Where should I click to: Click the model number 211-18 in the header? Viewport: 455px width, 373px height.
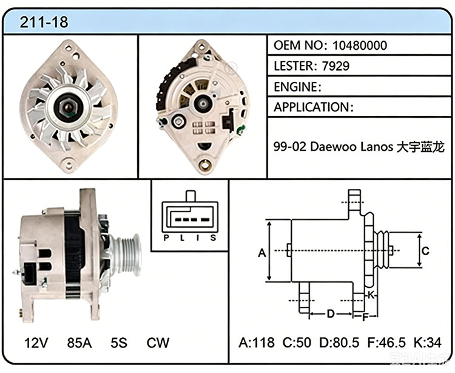[44, 22]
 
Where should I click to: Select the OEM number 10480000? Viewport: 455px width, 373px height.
[360, 46]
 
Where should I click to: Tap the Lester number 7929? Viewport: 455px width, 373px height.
[335, 66]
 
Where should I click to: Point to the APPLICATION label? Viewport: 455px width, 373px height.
[312, 107]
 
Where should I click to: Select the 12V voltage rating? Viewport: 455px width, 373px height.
[36, 343]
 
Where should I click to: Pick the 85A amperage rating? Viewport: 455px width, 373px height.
[79, 343]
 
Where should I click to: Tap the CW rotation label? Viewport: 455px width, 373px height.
[158, 343]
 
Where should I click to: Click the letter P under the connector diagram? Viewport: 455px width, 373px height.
[166, 238]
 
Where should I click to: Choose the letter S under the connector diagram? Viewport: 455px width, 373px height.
[214, 238]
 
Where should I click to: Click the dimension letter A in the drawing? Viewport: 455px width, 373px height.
[261, 253]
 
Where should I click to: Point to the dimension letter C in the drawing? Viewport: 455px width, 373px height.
[425, 251]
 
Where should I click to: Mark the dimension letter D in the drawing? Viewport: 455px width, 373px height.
[331, 313]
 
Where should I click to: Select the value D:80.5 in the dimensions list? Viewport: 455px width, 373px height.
[339, 343]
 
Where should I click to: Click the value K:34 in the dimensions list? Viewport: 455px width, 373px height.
[428, 343]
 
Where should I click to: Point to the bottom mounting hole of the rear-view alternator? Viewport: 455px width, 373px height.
[206, 165]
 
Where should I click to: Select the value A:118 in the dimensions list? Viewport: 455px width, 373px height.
[257, 343]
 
